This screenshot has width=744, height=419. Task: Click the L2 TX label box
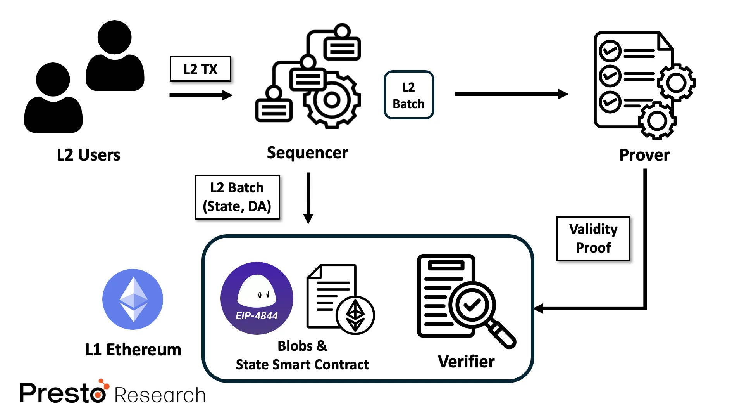tap(200, 69)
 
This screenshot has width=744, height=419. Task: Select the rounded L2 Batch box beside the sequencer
tap(408, 95)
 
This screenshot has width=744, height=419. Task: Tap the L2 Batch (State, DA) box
tap(237, 197)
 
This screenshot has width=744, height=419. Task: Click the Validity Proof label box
tap(593, 238)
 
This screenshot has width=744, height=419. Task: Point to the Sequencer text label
tap(307, 153)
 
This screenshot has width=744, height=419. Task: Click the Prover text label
tap(644, 155)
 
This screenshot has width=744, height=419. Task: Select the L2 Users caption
tap(88, 155)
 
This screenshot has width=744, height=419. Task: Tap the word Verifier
tap(466, 362)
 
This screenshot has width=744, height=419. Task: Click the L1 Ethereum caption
tap(133, 350)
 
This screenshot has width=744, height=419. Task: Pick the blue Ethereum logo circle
tap(133, 299)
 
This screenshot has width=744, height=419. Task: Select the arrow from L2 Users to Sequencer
tap(200, 95)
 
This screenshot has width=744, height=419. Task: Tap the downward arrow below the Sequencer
tap(308, 198)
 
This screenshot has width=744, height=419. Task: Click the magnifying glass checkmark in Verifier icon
tap(472, 305)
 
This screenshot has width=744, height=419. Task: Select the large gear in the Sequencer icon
tap(332, 100)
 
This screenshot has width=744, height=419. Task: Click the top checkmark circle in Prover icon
tap(610, 51)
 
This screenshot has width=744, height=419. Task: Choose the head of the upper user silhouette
tap(114, 37)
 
